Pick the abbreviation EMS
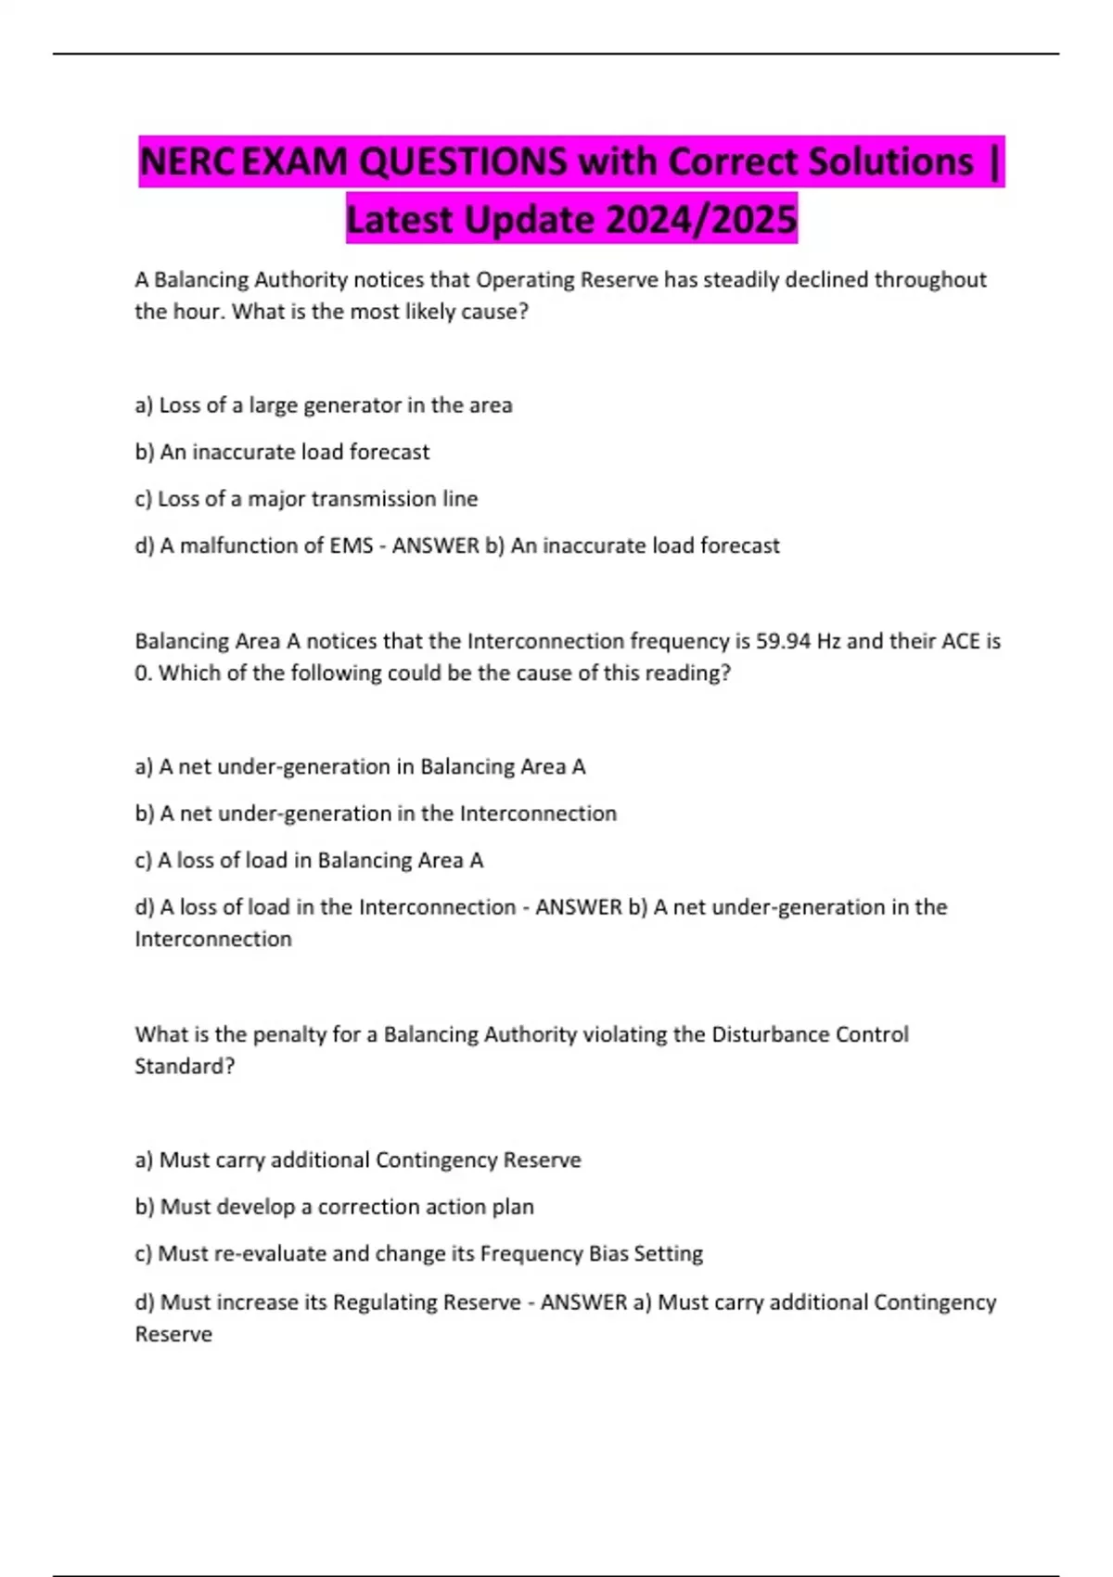pyautogui.click(x=352, y=545)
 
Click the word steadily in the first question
pyautogui.click(x=741, y=279)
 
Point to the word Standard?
pyautogui.click(x=185, y=1066)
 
